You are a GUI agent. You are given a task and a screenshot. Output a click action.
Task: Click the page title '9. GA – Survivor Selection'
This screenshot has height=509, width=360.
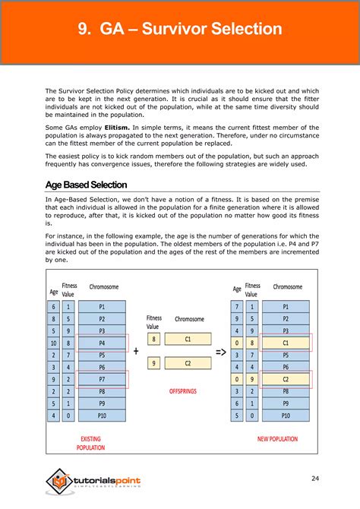179,30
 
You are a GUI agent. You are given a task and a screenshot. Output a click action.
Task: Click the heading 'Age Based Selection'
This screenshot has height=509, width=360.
86,185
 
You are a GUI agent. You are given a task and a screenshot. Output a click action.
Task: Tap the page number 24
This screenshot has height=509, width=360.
314,478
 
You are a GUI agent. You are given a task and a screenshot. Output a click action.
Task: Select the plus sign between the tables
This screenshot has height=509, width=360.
136,351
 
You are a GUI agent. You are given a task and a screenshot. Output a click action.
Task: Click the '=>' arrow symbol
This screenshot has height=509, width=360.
220,352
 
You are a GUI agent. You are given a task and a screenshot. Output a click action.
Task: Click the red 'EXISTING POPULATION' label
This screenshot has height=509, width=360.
91,443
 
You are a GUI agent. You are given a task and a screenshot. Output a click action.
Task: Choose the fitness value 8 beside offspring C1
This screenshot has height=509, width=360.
153,340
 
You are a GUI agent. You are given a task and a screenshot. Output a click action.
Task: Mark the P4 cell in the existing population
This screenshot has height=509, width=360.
102,343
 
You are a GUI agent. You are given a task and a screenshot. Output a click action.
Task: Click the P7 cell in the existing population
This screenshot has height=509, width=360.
102,379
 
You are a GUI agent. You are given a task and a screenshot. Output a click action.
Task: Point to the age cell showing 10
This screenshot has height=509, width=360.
53,343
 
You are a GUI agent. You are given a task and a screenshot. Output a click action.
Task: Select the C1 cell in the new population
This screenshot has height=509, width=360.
286,343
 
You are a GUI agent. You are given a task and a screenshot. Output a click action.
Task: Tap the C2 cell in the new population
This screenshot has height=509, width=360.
286,379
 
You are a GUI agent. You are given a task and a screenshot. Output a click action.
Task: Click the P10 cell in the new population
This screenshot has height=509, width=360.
286,416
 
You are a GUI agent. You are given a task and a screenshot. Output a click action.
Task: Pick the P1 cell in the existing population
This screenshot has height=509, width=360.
102,307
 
